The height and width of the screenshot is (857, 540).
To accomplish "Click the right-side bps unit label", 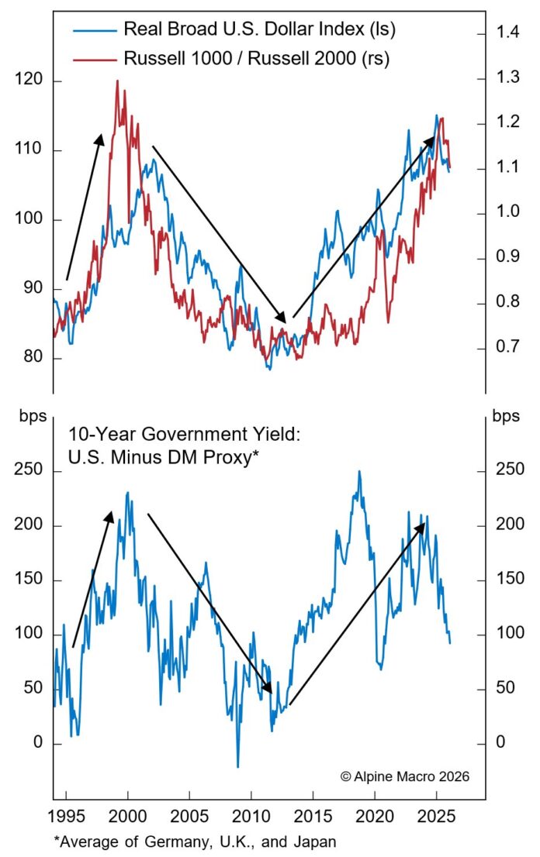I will click(506, 415).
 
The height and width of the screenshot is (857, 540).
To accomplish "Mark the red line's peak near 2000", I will click(117, 81).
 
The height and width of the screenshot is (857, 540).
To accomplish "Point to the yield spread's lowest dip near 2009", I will click(237, 766).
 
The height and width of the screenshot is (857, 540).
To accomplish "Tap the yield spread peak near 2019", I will click(358, 471).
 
